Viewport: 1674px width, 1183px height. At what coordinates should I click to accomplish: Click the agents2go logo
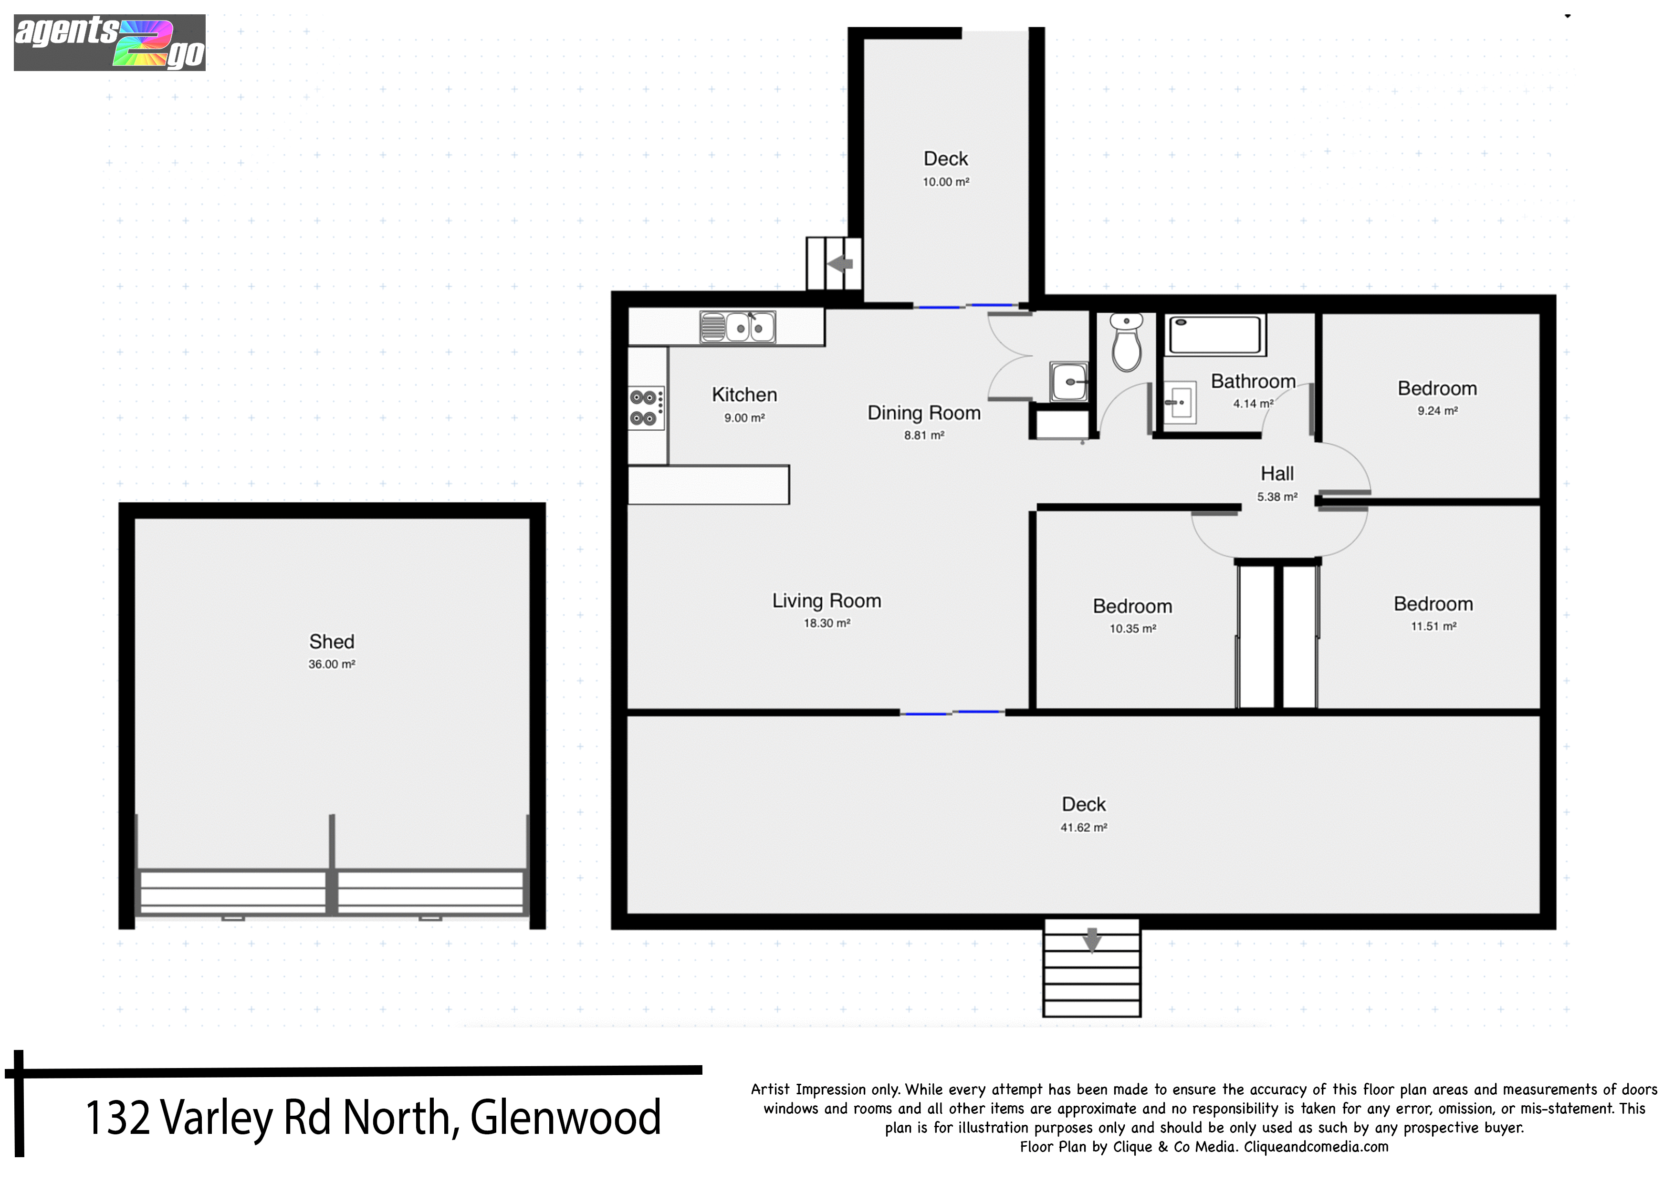pyautogui.click(x=109, y=42)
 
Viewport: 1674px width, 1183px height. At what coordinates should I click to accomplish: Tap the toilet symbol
pyautogui.click(x=1127, y=342)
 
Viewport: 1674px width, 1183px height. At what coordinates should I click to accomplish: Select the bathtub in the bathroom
pyautogui.click(x=1214, y=335)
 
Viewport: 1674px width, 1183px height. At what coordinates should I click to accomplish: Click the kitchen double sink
pyautogui.click(x=737, y=327)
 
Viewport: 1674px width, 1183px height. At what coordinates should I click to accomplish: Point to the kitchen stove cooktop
pyautogui.click(x=646, y=407)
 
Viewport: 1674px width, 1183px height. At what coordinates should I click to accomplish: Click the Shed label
pyautogui.click(x=332, y=642)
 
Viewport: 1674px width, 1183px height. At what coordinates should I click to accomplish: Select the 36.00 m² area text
pyautogui.click(x=332, y=664)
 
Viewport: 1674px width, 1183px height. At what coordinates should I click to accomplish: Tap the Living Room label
pyautogui.click(x=827, y=601)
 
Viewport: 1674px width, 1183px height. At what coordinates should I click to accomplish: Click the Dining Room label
pyautogui.click(x=924, y=413)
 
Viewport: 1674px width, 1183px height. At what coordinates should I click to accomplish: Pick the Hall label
pyautogui.click(x=1277, y=474)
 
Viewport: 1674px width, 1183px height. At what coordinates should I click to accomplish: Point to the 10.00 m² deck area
pyautogui.click(x=946, y=181)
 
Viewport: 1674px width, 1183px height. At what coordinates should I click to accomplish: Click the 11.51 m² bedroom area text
pyautogui.click(x=1433, y=626)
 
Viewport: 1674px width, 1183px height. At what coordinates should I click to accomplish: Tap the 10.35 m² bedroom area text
pyautogui.click(x=1132, y=628)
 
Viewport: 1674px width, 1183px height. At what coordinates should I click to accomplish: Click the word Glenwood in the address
pyautogui.click(x=566, y=1117)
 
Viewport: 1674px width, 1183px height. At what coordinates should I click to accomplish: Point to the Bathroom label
pyautogui.click(x=1253, y=381)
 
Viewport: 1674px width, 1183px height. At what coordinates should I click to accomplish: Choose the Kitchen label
pyautogui.click(x=744, y=395)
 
